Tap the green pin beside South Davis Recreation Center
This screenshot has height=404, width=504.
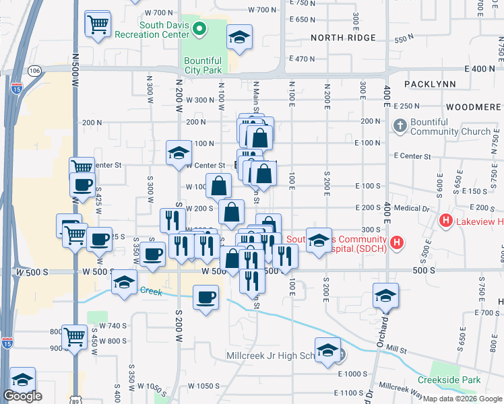199,28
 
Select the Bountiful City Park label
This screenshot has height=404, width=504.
203,65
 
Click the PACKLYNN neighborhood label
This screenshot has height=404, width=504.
431,84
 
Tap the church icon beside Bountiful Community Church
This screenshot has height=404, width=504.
400,126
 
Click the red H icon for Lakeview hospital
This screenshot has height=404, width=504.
445,221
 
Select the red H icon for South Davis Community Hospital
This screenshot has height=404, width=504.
398,242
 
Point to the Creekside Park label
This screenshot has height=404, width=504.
449,380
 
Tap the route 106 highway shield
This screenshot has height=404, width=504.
35,70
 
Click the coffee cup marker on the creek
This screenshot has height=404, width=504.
206,296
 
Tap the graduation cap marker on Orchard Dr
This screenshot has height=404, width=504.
385,294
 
